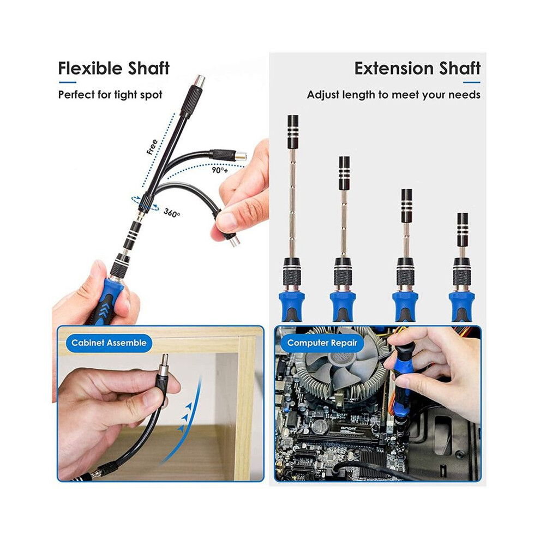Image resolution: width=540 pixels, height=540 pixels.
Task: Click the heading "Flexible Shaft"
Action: tap(113, 68)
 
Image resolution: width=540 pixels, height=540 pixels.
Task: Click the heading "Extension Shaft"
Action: tap(417, 68)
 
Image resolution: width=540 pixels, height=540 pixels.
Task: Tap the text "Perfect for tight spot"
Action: tap(110, 95)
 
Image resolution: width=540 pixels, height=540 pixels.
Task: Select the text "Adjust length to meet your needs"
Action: tap(394, 95)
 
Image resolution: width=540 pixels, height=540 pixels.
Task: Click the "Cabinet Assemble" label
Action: tap(109, 343)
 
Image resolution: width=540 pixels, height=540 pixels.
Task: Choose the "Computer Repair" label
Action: tap(322, 343)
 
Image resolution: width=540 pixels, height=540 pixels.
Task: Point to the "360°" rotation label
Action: tap(172, 213)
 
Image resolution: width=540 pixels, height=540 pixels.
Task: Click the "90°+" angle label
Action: tap(220, 170)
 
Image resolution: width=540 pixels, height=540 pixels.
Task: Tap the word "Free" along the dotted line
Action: tap(152, 147)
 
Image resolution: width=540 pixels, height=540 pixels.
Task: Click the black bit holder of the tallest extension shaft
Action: tap(293, 132)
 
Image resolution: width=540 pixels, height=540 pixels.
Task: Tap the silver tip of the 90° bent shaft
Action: tap(241, 156)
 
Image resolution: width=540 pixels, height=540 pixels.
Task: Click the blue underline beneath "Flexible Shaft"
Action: tap(67, 82)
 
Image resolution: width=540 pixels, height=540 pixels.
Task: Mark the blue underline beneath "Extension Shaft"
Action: tap(472, 82)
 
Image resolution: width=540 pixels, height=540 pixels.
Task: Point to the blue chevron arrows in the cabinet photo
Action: tap(185, 417)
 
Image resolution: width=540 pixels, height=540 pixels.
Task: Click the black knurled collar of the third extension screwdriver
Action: tap(406, 276)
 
